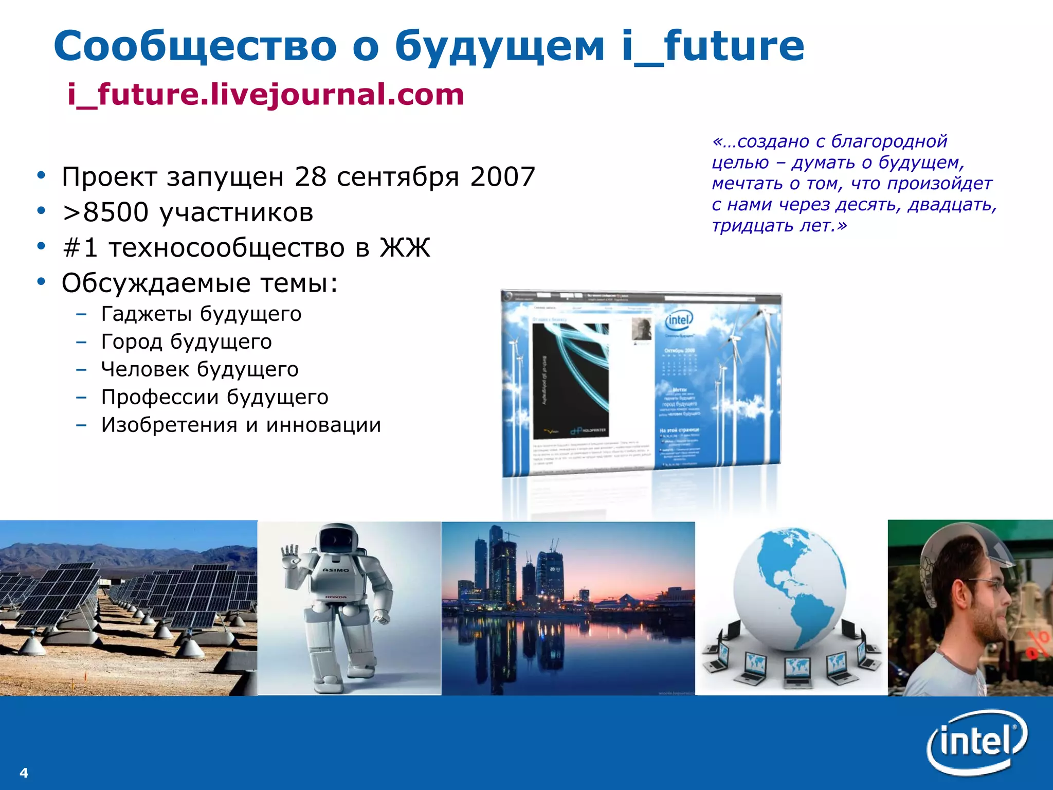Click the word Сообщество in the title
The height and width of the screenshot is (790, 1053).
pos(195,46)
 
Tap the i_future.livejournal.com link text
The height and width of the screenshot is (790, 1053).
pos(265,95)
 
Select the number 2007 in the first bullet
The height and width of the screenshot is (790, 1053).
pos(502,177)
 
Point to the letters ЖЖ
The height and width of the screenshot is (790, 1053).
pos(405,248)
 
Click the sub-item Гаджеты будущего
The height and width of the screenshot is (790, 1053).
pos(201,314)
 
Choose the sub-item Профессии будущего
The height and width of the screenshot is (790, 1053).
pos(214,397)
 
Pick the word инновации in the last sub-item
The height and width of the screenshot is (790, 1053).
pos(323,425)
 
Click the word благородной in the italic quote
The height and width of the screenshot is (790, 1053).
pos(889,141)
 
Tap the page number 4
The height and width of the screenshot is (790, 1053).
pos(24,773)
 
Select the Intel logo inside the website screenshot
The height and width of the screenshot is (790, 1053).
pos(679,320)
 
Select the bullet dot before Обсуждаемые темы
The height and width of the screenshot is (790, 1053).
pos(41,282)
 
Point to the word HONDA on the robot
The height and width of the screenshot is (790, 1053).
pos(335,597)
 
